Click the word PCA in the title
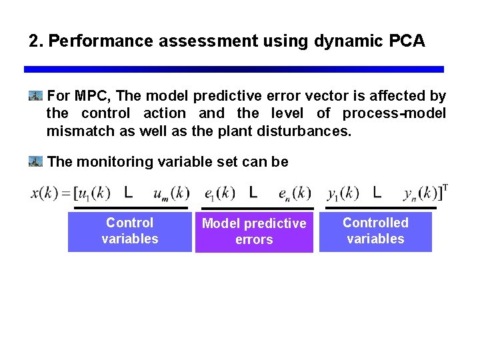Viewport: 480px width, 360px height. pos(402,41)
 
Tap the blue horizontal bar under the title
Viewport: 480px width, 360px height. pos(233,69)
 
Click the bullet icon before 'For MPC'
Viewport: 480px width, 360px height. pos(36,97)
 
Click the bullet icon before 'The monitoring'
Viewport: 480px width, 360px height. pos(36,161)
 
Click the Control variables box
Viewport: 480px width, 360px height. pos(129,231)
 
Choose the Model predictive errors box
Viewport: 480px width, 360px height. pos(254,232)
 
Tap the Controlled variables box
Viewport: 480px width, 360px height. pos(375,231)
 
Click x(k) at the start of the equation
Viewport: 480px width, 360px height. pos(44,194)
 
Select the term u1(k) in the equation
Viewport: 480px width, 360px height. pos(93,194)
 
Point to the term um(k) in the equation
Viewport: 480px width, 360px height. pos(171,194)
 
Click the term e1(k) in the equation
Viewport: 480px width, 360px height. pos(220,194)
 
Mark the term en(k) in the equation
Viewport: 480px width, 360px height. pos(295,194)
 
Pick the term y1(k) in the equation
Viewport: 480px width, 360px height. pos(343,194)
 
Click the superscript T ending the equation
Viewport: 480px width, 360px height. pos(445,187)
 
